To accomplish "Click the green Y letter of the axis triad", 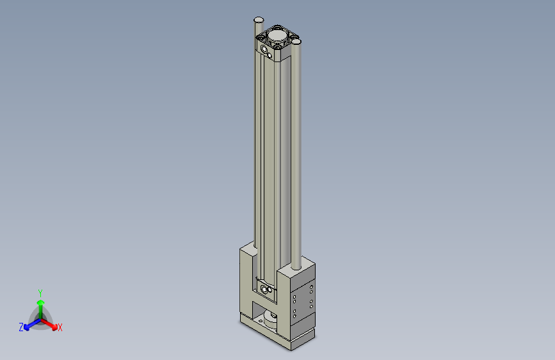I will pyautogui.click(x=40, y=292).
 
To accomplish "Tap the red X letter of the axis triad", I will pyautogui.click(x=60, y=328).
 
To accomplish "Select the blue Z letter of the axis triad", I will pyautogui.click(x=21, y=327).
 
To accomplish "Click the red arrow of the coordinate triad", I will pyautogui.click(x=51, y=324).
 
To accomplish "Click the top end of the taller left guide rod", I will pyautogui.click(x=259, y=20).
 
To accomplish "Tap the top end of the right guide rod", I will pyautogui.click(x=296, y=41).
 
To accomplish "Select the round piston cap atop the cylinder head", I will pyautogui.click(x=278, y=34).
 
